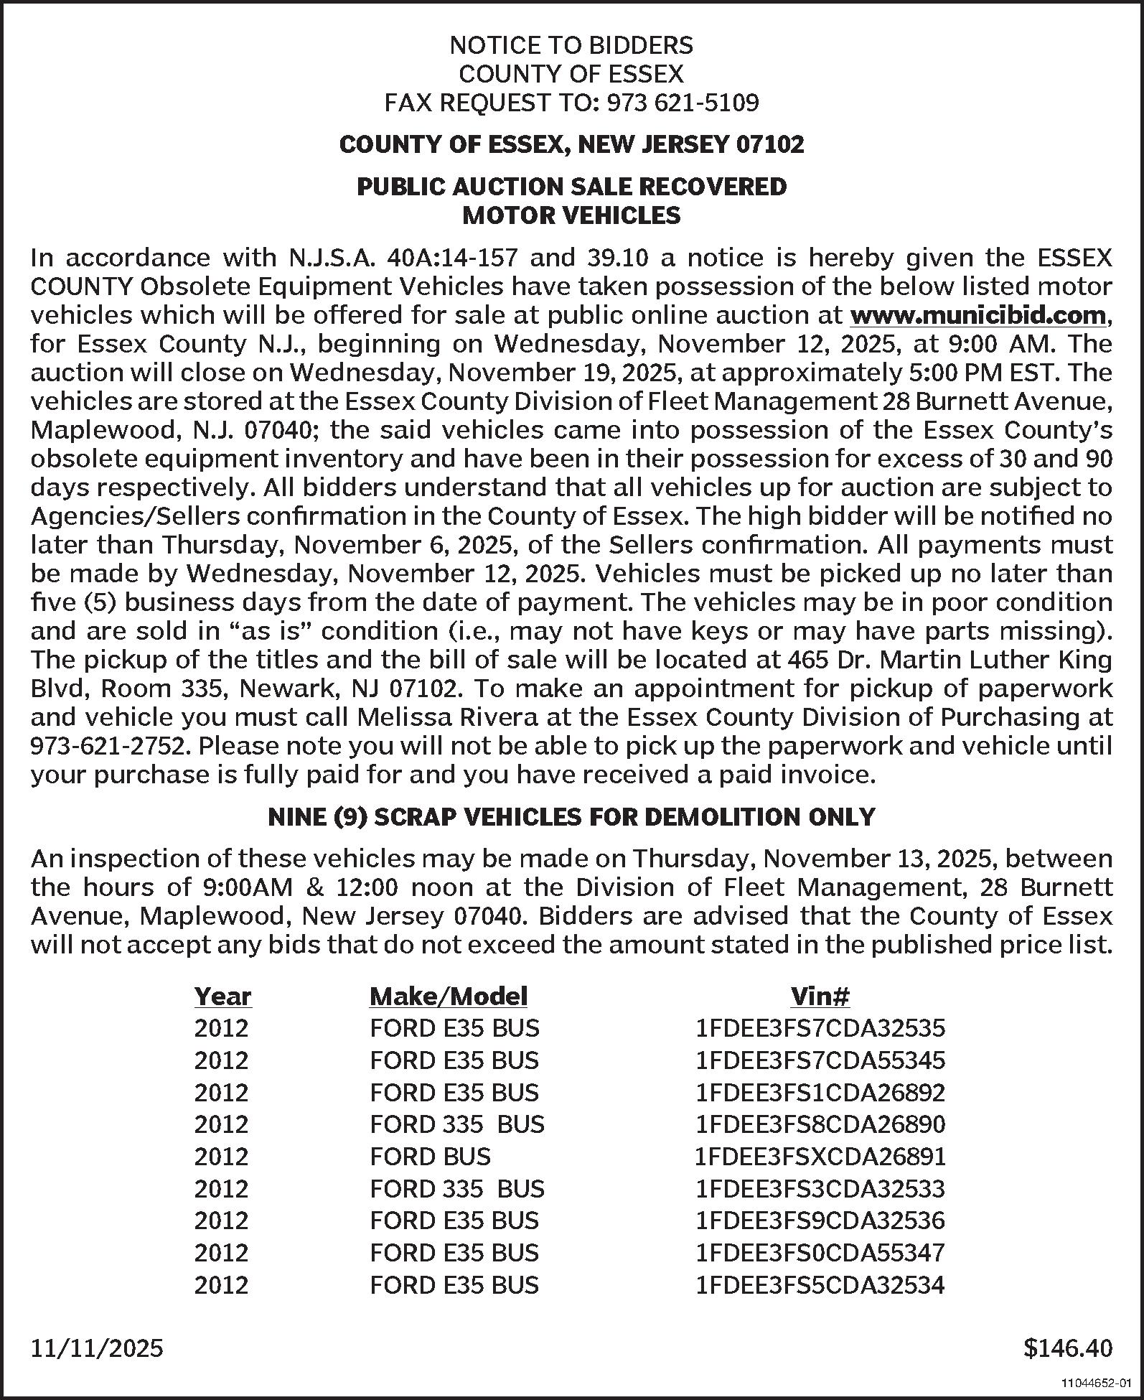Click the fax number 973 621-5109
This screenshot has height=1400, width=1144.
coord(683,103)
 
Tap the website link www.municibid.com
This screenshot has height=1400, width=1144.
coord(977,315)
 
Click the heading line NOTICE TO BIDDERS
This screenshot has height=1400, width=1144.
coord(571,46)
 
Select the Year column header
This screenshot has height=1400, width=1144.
coord(222,997)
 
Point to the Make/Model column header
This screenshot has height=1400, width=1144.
coord(448,997)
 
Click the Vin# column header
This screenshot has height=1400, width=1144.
coord(820,997)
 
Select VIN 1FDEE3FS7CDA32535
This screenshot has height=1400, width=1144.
coord(820,1028)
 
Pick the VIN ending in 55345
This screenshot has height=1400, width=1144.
coord(820,1060)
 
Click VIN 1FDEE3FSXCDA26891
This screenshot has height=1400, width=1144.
coord(820,1157)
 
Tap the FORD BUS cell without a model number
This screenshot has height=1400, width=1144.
coord(430,1157)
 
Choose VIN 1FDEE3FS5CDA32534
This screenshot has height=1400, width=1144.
coord(820,1284)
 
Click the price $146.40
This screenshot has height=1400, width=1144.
coord(1067,1348)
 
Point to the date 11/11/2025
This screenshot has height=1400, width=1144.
coord(97,1348)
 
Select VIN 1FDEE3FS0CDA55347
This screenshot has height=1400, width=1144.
coord(820,1253)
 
